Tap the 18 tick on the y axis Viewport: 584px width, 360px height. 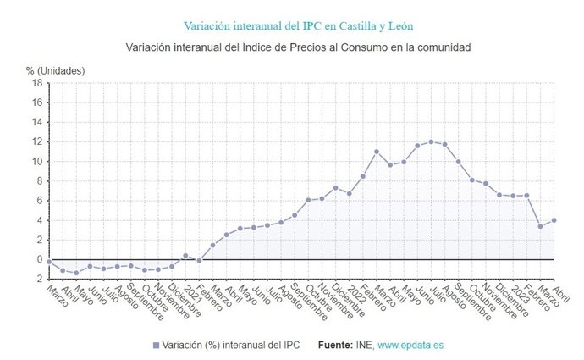[37, 83]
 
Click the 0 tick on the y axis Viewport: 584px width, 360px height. [39, 259]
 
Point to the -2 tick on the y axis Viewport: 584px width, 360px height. [37, 279]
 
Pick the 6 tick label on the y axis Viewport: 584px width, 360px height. [39, 201]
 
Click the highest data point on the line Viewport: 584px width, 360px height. [431, 141]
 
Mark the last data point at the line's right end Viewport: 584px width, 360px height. [554, 220]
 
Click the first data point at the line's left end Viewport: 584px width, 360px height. [49, 261]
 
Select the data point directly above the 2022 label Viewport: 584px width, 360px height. [349, 193]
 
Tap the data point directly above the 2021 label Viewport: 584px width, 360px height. [185, 255]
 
